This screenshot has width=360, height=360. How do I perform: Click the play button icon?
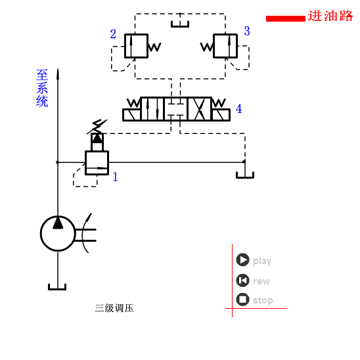[x=242, y=260]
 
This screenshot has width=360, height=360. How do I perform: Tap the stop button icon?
[x=242, y=300]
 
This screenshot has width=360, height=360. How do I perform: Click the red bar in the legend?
[x=285, y=18]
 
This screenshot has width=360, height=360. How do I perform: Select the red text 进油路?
[x=331, y=16]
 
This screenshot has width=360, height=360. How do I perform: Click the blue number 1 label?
[x=115, y=177]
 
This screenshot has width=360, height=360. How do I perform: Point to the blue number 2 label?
[x=113, y=34]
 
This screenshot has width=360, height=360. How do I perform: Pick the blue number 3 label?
[x=247, y=31]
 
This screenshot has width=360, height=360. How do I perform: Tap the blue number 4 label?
[x=238, y=109]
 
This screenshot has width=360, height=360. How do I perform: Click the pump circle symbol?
[x=58, y=233]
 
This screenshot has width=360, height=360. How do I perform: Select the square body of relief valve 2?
[x=136, y=46]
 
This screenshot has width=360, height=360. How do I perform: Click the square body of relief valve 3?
[x=225, y=46]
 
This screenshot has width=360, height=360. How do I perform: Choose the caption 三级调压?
[x=114, y=308]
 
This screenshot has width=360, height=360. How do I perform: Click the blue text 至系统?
[x=42, y=88]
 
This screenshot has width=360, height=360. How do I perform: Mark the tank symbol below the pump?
[x=57, y=287]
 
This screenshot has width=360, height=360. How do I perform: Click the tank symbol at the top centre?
[x=180, y=24]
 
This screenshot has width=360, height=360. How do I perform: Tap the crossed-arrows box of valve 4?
[x=199, y=109]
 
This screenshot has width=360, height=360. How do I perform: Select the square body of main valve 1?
[x=97, y=162]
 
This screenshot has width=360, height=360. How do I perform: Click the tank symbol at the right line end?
[x=245, y=175]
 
